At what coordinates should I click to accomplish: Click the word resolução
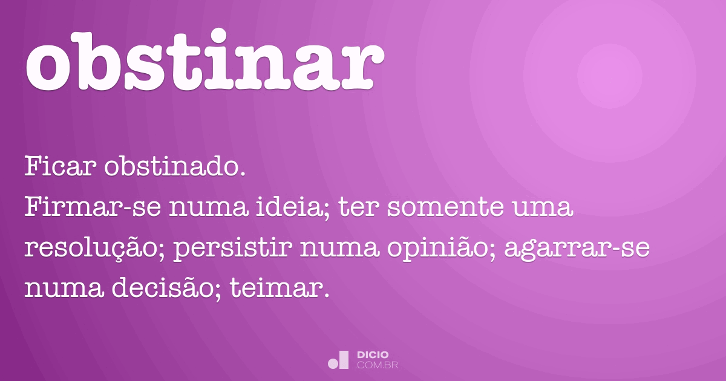[94, 250]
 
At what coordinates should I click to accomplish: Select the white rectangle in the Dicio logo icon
[344, 360]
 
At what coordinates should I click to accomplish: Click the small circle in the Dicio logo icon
[333, 363]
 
